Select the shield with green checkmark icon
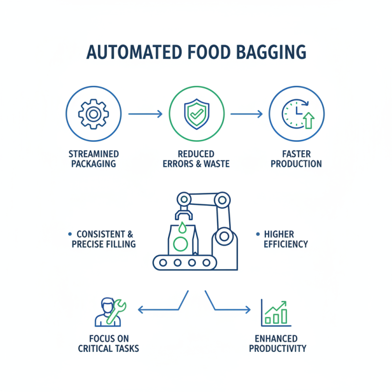click(196, 114)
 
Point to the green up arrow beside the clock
click(308, 120)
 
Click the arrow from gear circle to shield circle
click(145, 114)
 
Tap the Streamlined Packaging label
click(94, 159)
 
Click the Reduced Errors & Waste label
click(196, 159)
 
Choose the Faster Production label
click(296, 159)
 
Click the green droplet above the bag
click(182, 227)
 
